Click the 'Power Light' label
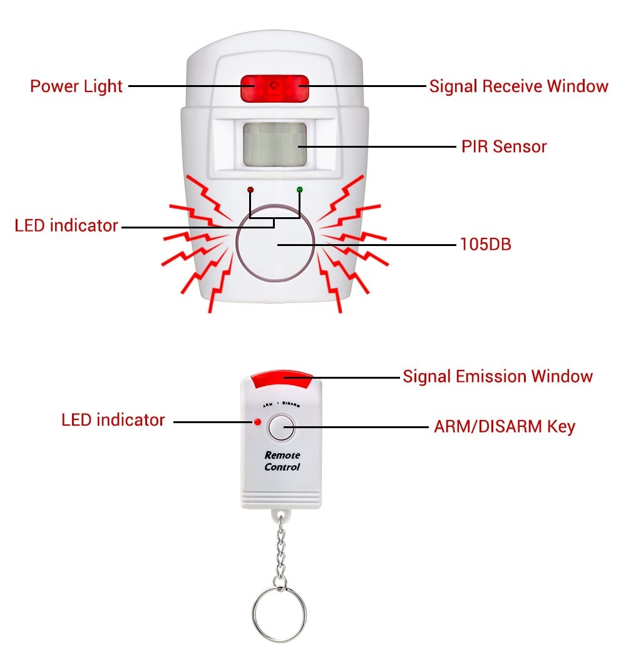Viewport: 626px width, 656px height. (x=76, y=86)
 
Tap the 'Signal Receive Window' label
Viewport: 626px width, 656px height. (x=518, y=86)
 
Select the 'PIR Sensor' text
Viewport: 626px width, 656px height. (x=504, y=146)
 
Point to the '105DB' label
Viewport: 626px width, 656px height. (x=485, y=244)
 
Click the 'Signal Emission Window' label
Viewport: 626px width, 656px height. (x=497, y=376)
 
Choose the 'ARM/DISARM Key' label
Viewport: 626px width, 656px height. (x=504, y=427)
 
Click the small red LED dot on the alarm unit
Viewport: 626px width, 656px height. (x=250, y=188)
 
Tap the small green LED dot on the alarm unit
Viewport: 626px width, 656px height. (x=299, y=188)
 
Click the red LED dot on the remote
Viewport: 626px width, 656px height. (x=257, y=421)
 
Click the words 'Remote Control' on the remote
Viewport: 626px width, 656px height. (x=282, y=461)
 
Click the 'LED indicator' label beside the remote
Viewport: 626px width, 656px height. (x=113, y=420)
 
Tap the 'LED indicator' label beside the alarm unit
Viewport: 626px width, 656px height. (x=66, y=225)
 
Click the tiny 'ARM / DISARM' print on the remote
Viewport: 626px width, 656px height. (x=281, y=405)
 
